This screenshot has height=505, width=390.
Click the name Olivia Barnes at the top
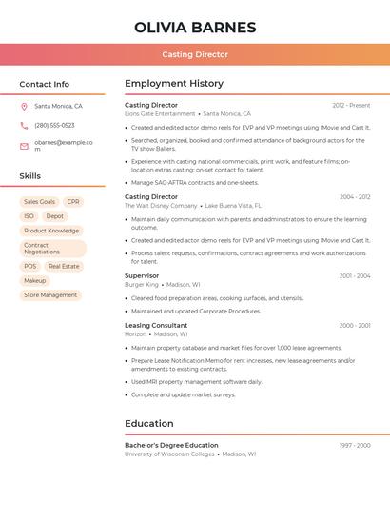(x=195, y=28)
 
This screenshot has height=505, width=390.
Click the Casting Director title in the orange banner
(x=195, y=54)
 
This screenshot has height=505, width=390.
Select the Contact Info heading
(x=45, y=84)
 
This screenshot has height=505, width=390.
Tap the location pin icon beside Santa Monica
(x=24, y=107)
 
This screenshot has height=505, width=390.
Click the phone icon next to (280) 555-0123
(x=24, y=126)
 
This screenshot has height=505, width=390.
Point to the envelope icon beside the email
(x=24, y=146)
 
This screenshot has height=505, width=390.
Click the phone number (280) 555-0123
(x=54, y=126)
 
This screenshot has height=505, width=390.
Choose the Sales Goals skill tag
(x=39, y=202)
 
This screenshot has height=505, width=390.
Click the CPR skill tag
(x=73, y=202)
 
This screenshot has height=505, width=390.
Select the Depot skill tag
(x=54, y=216)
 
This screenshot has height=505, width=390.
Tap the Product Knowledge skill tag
(x=51, y=231)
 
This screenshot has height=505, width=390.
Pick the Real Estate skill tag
(x=64, y=267)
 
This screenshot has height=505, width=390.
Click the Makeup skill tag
(x=35, y=281)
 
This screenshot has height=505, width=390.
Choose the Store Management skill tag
(x=50, y=295)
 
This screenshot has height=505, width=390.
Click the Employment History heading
(x=174, y=84)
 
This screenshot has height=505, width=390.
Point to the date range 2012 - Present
(x=351, y=105)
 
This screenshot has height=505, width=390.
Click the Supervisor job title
(x=142, y=275)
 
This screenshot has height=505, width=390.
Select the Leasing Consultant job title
(x=156, y=325)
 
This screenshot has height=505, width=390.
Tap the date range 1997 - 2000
(x=355, y=445)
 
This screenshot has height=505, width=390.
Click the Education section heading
(x=149, y=424)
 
